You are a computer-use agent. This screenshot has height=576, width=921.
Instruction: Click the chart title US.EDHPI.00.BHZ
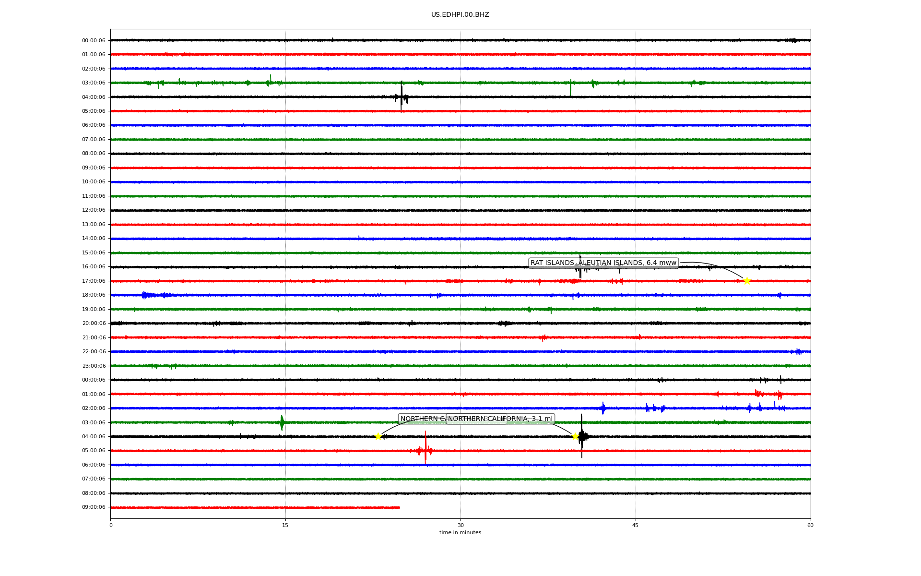point(460,15)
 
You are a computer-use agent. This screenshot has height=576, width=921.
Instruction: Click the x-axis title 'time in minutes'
point(460,533)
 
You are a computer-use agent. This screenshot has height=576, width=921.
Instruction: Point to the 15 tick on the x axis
point(285,525)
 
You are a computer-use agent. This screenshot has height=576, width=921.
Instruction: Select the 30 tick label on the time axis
point(460,525)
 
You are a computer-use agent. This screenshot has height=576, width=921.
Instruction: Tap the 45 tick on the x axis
point(636,525)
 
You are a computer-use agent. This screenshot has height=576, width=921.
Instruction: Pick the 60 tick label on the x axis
point(810,525)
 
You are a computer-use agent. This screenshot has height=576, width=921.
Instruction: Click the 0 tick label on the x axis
point(111,525)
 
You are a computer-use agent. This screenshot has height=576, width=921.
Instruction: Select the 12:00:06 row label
point(94,210)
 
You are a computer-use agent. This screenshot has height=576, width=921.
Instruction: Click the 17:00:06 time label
point(94,281)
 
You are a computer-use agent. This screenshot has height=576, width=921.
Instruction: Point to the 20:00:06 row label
point(94,324)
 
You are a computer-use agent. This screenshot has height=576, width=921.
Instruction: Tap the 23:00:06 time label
point(94,366)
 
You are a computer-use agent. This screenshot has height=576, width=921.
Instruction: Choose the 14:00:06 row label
point(94,239)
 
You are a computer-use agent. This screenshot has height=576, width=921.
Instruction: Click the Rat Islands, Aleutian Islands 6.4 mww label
point(603,263)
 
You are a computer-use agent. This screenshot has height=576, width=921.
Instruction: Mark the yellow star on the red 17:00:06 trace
point(747,281)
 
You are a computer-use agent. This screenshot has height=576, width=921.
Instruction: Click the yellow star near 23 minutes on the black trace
point(378,436)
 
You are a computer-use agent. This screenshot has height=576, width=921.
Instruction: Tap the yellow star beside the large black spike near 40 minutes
point(575,436)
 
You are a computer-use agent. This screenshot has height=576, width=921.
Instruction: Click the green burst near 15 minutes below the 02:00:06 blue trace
point(282,422)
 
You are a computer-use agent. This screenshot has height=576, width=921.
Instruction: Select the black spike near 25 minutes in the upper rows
point(401,96)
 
